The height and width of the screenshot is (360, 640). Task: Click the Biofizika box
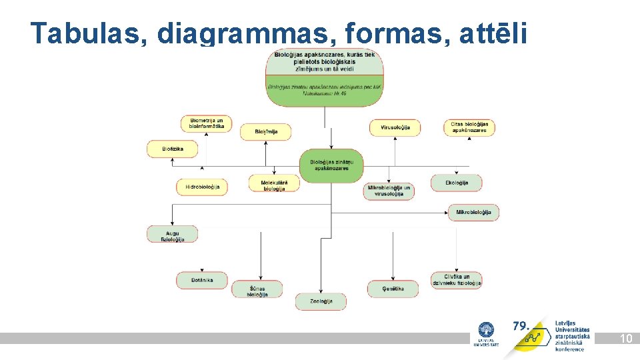[x=173, y=149]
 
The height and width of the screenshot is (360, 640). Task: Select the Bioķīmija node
[x=265, y=132]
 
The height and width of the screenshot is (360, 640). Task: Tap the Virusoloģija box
[x=395, y=127]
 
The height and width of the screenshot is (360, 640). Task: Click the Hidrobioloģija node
[x=202, y=187]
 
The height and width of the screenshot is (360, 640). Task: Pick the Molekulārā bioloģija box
[x=273, y=183]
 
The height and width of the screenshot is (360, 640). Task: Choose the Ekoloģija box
[x=456, y=183]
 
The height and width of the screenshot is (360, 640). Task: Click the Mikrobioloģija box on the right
[x=473, y=213]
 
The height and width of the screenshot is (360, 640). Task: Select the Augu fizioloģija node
[x=173, y=234]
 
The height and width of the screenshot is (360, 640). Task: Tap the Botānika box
[x=202, y=280]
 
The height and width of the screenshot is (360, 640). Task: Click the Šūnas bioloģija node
[x=257, y=289]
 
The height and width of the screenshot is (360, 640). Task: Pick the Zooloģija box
[x=321, y=301]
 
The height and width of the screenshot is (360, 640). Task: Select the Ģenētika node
[x=393, y=289]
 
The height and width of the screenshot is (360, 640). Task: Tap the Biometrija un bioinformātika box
[x=206, y=123]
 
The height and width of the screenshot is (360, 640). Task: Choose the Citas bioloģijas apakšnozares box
[x=469, y=127]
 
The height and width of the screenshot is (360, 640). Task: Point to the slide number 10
[x=625, y=339]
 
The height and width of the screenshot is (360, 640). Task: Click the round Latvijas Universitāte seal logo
[x=486, y=331]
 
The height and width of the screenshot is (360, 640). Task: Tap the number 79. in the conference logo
[x=521, y=326]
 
